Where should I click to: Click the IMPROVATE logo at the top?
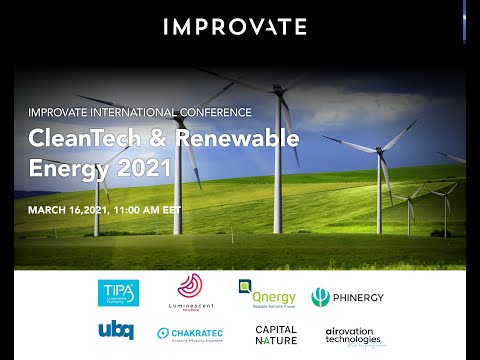tap(235, 27)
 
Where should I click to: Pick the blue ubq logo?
tap(116, 331)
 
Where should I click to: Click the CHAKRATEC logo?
tap(189, 334)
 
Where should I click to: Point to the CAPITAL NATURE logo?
tap(276, 334)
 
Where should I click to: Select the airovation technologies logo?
tap(354, 335)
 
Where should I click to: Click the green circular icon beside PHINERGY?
tap(320, 297)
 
